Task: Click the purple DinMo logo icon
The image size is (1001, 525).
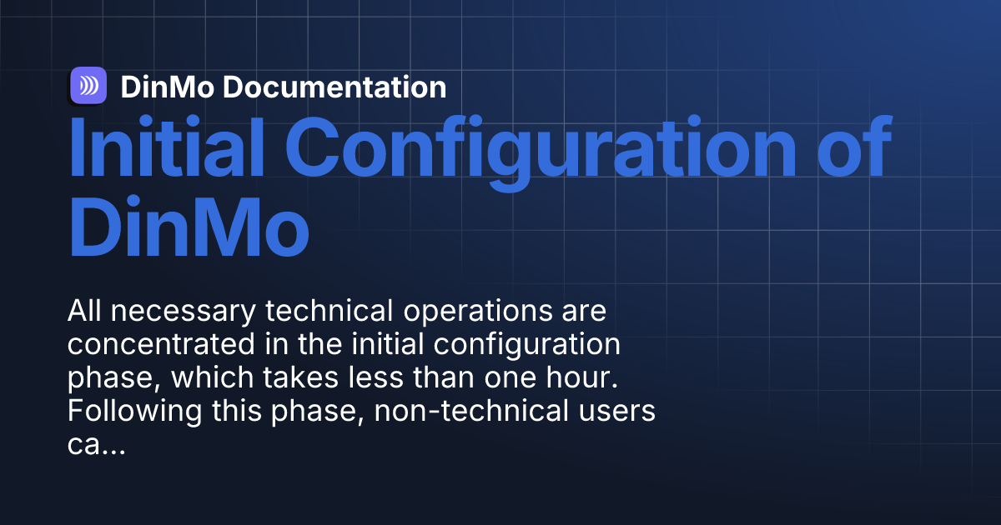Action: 88,86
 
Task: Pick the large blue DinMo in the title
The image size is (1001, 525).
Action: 189,222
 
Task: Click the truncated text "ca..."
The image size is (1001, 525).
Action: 95,444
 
